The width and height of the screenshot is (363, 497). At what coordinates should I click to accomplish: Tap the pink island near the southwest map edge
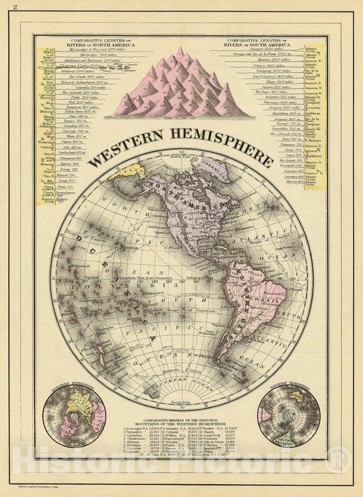tap(100, 350)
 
